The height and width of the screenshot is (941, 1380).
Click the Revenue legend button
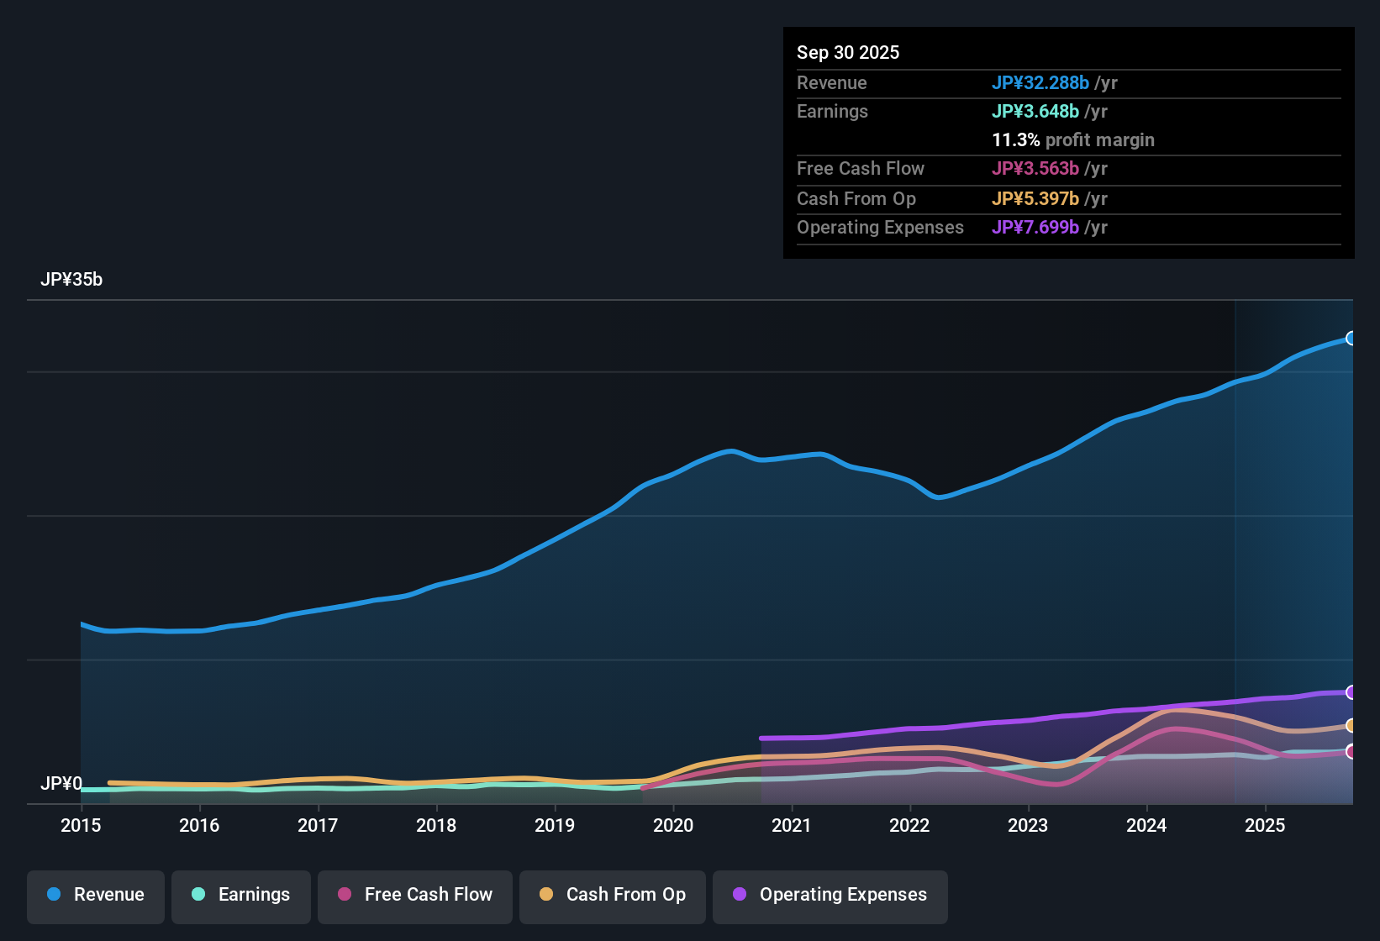[96, 895]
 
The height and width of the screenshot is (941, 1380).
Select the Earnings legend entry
[241, 895]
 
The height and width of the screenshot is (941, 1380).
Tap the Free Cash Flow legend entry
[415, 895]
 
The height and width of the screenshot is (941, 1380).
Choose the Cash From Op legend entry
[613, 895]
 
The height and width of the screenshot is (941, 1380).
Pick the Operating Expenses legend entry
[830, 895]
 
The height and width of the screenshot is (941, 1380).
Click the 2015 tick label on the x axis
[81, 825]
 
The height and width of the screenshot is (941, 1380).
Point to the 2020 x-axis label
[673, 825]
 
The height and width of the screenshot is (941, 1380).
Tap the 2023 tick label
[1028, 825]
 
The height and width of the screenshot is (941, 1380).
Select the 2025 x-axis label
[1265, 825]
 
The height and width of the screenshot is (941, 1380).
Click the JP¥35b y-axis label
[71, 280]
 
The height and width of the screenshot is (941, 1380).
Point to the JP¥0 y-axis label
[61, 784]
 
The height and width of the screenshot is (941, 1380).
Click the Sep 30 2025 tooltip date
[848, 52]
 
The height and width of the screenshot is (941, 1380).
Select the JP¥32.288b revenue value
[1040, 82]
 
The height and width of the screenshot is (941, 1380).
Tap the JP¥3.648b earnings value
[1035, 111]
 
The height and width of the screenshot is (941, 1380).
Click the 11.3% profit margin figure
[1016, 140]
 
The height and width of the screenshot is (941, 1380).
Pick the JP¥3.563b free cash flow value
[1035, 168]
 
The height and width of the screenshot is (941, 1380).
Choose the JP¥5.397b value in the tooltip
[1035, 198]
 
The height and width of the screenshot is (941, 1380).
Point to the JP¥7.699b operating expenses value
[1035, 227]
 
